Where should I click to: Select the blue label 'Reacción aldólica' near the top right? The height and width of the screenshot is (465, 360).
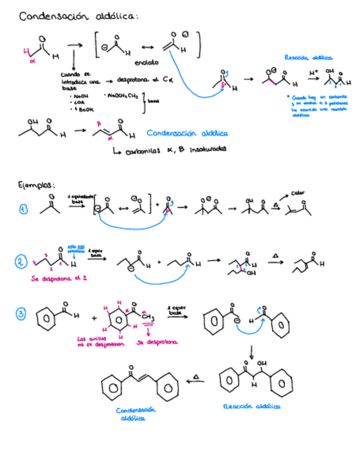(x=308, y=57)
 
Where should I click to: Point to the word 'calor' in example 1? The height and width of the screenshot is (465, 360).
(x=299, y=193)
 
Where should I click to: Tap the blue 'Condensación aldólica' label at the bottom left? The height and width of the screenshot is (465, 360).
(x=136, y=413)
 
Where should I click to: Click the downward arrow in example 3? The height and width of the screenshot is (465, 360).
(x=251, y=351)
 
